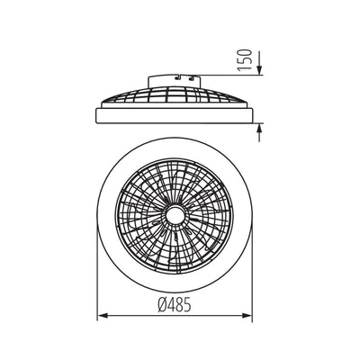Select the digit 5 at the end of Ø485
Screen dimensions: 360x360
195,305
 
